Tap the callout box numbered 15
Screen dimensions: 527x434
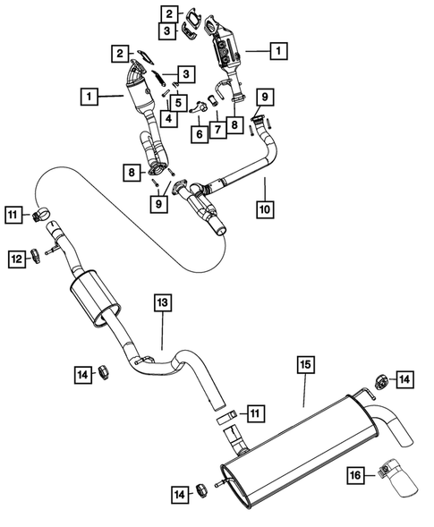tap(304, 364)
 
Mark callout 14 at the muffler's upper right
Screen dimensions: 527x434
tap(405, 380)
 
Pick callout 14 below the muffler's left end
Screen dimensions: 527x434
tap(180, 491)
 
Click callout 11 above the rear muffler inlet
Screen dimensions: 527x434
tap(256, 412)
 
